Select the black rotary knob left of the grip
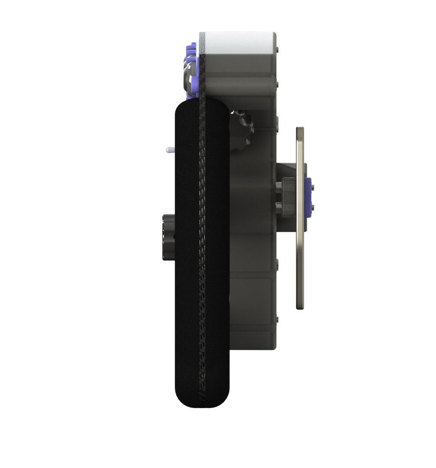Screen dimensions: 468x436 (x=167, y=237)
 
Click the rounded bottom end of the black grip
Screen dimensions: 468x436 (x=202, y=398)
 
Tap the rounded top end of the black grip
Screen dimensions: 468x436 (x=202, y=109)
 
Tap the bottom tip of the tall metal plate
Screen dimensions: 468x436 (x=300, y=307)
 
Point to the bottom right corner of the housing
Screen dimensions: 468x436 (x=274, y=348)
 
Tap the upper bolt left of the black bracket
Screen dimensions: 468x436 (x=277, y=187)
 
